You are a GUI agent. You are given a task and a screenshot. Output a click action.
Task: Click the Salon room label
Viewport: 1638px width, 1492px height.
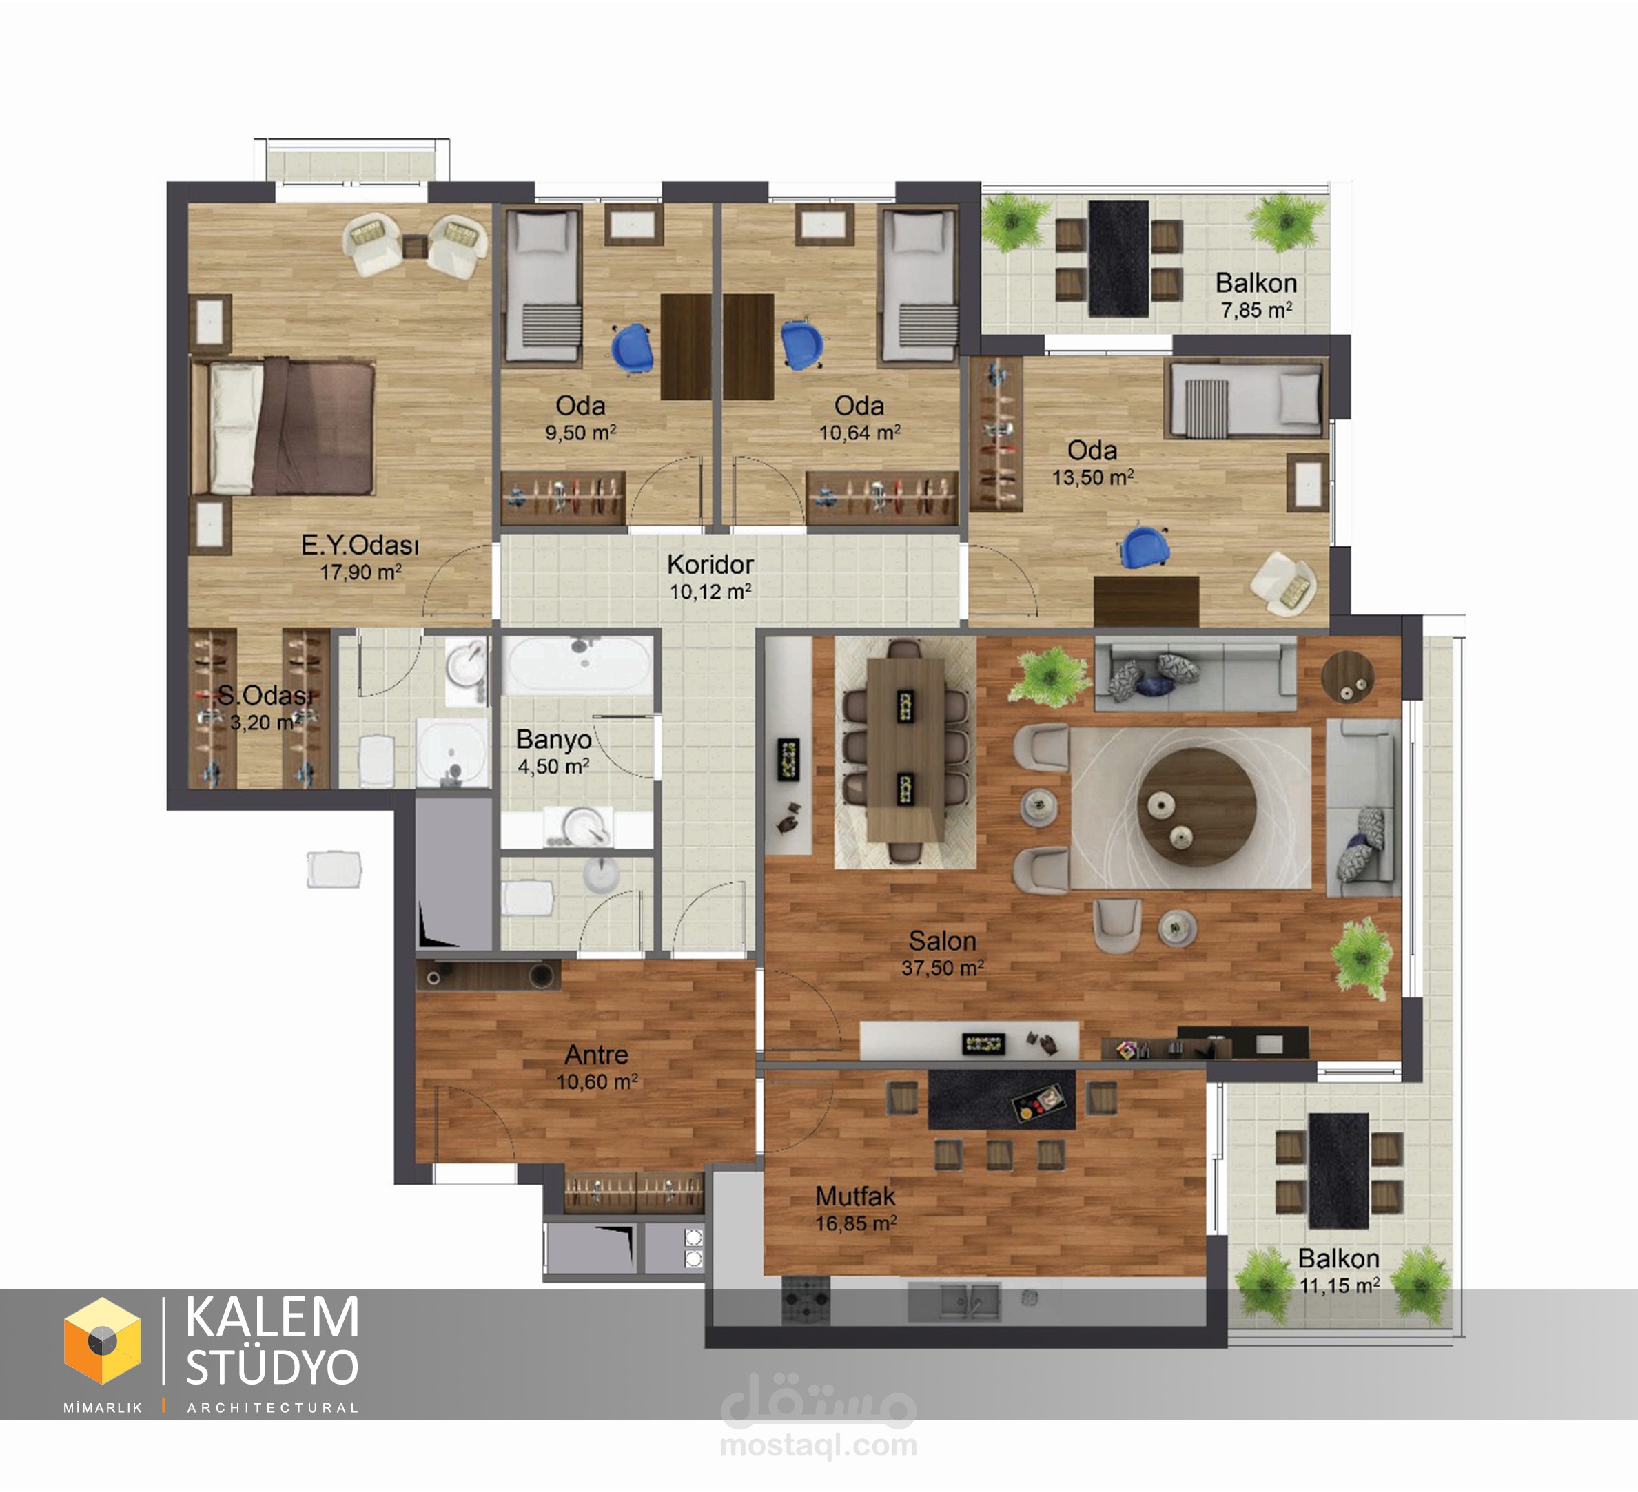pyautogui.click(x=942, y=940)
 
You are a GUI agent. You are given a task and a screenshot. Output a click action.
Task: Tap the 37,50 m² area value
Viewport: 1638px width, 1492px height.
pyautogui.click(x=943, y=967)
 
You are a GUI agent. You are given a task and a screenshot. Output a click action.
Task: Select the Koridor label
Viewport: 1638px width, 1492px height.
pyautogui.click(x=710, y=563)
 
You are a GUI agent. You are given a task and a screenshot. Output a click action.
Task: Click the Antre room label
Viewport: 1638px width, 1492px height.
pyautogui.click(x=596, y=1054)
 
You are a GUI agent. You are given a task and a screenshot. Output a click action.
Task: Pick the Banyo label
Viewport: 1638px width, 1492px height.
pyautogui.click(x=553, y=740)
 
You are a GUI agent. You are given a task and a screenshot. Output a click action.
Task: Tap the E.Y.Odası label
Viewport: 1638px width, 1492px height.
pyautogui.click(x=360, y=545)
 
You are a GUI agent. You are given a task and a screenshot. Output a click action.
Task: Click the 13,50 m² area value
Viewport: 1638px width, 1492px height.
pyautogui.click(x=1093, y=477)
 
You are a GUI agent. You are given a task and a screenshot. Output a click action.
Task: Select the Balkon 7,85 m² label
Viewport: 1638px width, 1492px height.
pyautogui.click(x=1256, y=295)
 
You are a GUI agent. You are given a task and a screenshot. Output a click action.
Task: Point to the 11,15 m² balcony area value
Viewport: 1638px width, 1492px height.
pyautogui.click(x=1339, y=1286)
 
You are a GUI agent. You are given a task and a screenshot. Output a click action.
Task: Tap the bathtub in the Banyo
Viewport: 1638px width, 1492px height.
pyautogui.click(x=577, y=665)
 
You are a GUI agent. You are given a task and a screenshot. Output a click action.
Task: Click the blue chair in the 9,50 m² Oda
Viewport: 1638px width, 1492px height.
pyautogui.click(x=631, y=348)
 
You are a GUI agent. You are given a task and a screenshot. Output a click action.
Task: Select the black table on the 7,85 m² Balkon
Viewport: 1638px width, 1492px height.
pyautogui.click(x=1119, y=258)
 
